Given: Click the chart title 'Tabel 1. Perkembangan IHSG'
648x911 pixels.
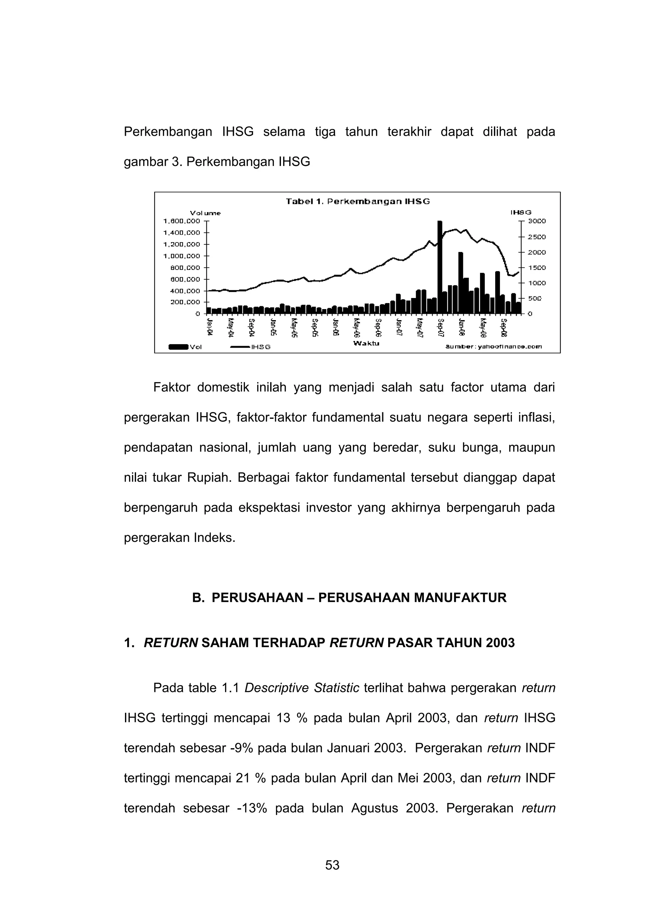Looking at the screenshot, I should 358,202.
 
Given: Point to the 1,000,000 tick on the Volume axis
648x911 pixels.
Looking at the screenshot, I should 182,256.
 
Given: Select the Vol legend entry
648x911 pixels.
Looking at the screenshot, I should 185,347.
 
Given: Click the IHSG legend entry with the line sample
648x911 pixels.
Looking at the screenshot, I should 251,347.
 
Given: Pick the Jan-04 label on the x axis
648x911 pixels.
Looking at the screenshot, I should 210,328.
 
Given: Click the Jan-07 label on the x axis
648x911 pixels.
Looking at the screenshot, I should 399,328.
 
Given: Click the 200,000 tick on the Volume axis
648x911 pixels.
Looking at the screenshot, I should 182,302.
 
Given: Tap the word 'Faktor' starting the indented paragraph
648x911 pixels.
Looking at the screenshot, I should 171,388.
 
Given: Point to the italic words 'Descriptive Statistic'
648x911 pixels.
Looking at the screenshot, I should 302,688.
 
